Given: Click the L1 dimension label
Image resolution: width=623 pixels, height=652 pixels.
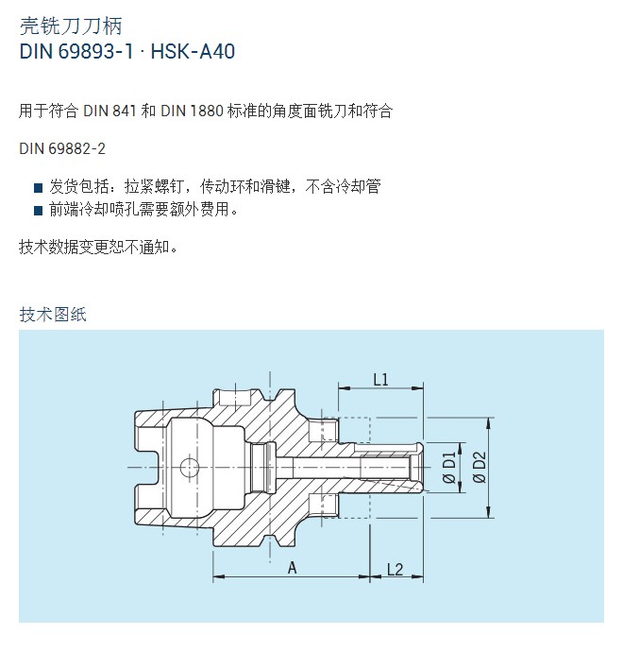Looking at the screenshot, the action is click(380, 379).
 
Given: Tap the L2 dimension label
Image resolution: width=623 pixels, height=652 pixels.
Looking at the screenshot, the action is click(395, 569).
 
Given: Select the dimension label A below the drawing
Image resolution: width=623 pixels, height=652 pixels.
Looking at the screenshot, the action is click(293, 568).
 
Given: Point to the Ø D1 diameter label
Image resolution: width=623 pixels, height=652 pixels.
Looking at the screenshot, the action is click(449, 468).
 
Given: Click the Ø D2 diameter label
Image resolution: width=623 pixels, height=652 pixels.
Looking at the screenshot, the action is click(480, 468).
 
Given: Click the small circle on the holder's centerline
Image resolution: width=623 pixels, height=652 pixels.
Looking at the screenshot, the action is click(190, 468).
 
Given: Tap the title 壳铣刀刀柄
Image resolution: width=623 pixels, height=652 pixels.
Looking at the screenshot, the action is click(71, 26).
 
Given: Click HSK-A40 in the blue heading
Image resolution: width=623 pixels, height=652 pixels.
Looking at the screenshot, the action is click(193, 52).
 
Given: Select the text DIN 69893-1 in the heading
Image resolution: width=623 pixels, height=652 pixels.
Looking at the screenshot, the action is click(76, 52).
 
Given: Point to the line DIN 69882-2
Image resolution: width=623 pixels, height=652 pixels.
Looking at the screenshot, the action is click(62, 148).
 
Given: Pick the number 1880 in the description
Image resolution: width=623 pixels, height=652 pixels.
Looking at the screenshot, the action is click(207, 111).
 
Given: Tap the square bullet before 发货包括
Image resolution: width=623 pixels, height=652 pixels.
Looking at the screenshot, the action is click(38, 188).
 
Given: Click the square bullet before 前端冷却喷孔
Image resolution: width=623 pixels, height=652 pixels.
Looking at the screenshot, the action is click(38, 210).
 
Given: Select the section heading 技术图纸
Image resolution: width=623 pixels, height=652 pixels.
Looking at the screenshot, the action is click(53, 315).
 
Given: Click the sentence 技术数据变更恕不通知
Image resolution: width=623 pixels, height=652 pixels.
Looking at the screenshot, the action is click(98, 247).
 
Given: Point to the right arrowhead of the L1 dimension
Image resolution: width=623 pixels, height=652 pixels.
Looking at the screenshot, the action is click(417, 388).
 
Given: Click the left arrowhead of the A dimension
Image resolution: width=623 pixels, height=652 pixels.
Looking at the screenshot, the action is click(219, 576).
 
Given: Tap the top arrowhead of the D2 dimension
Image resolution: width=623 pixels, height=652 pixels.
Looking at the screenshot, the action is click(488, 423).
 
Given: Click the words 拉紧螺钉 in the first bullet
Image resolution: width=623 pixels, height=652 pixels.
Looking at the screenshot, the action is click(154, 187).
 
